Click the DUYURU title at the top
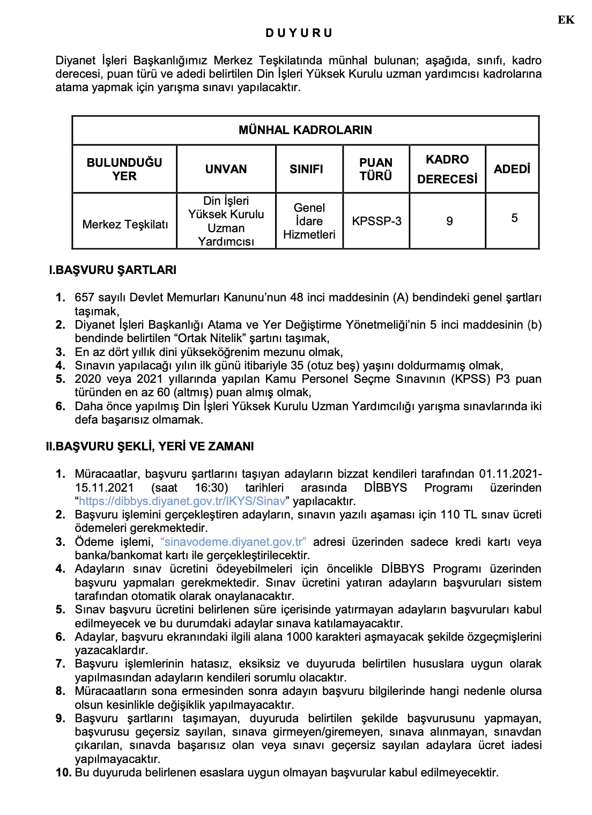point(299,33)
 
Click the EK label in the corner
point(566,20)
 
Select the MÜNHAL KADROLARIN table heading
point(305,130)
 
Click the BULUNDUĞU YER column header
point(124,169)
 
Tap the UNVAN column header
point(226,169)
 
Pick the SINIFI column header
point(306,169)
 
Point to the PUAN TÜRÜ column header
point(376,169)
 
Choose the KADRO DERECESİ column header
point(447,169)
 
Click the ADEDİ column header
point(512,169)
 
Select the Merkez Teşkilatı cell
point(125,224)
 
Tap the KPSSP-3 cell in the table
point(376,221)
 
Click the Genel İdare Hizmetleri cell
point(309,221)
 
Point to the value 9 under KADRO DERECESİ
point(449,221)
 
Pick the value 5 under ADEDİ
point(514,218)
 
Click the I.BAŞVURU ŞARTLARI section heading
point(113,270)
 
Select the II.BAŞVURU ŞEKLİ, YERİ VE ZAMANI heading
point(150,446)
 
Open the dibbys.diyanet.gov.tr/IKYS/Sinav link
point(182,501)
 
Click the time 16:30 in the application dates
point(211,487)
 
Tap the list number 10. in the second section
point(63,772)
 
